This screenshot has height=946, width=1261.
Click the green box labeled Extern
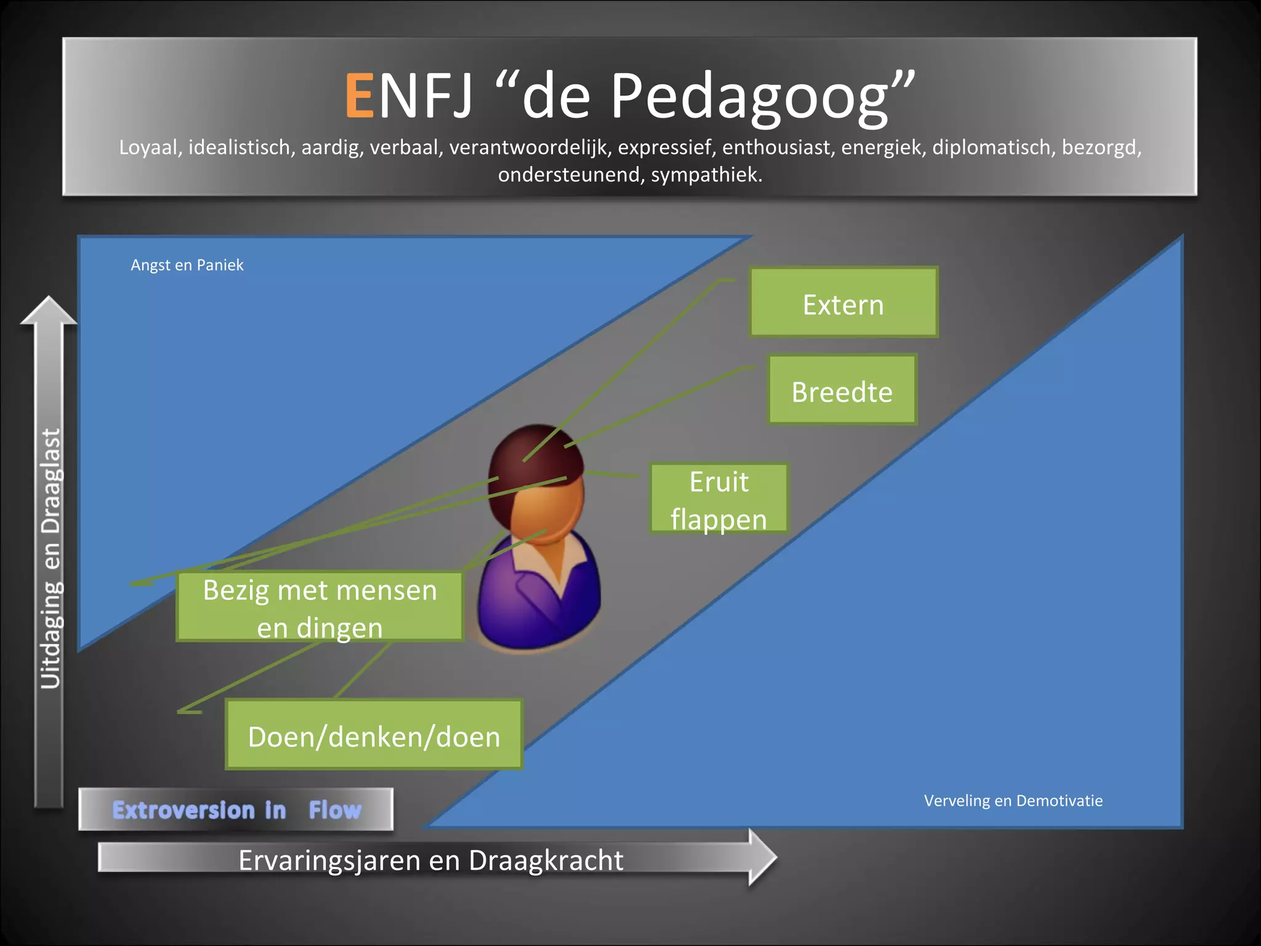point(843,302)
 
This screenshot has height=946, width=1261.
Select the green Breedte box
point(842,390)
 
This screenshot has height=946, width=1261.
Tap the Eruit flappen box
point(719,499)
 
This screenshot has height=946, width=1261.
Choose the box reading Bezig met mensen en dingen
point(320,608)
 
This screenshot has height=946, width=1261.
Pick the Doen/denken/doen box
point(374,735)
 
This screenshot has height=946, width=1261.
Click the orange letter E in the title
point(360,95)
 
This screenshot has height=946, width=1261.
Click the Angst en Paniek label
point(187,265)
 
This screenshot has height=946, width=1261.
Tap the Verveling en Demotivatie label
point(1013,801)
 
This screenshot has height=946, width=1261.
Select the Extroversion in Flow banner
point(236,809)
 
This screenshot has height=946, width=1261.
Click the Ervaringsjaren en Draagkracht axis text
point(430,860)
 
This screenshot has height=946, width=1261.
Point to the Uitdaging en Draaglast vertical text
point(50,557)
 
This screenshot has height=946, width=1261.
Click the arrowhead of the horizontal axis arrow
point(762,857)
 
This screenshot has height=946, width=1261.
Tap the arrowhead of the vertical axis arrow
point(49,310)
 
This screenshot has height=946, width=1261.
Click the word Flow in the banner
point(334,810)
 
